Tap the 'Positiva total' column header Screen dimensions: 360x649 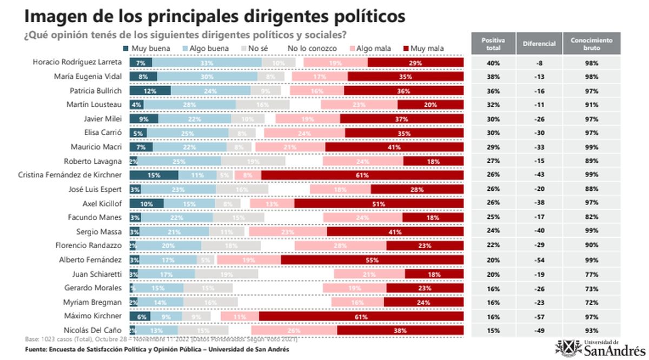[493, 44]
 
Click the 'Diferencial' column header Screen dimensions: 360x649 [539, 44]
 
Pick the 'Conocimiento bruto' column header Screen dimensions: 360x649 [591, 44]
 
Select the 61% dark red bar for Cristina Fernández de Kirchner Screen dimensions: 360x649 [362, 175]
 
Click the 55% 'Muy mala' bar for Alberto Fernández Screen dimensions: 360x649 [372, 259]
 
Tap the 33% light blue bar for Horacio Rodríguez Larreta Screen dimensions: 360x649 [206, 63]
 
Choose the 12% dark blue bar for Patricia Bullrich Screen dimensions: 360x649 [150, 91]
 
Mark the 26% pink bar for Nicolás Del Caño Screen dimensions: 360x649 [294, 330]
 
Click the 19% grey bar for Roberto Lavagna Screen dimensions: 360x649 [253, 161]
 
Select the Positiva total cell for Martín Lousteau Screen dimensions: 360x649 [493, 105]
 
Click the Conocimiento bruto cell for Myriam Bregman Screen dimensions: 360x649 [591, 302]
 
